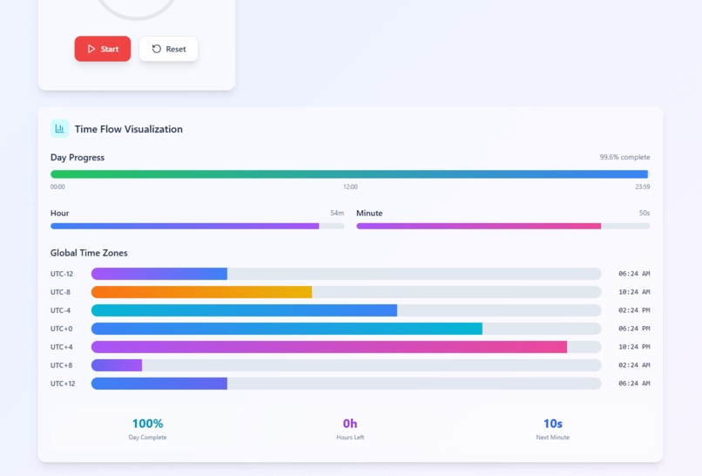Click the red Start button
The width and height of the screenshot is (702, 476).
coord(103,49)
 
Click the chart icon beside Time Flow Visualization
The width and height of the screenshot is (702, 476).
coord(59,129)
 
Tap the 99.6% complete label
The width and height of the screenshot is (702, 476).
coord(624,158)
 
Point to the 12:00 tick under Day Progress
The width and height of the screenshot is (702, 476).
coord(350,187)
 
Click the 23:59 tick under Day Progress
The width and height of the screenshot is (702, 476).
coord(642,187)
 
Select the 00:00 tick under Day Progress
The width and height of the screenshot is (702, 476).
coord(57,187)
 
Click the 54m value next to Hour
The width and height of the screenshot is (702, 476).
coord(336,214)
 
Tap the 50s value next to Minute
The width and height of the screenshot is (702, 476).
coord(644,214)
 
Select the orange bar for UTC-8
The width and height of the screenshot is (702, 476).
coord(201,292)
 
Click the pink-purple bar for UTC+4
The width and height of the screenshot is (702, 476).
coord(329,347)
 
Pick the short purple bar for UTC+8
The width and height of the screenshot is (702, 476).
coord(117,365)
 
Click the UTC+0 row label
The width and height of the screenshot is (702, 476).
coord(62,329)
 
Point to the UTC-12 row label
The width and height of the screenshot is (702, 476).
coord(62,274)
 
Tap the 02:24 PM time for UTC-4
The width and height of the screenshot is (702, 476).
coord(634,310)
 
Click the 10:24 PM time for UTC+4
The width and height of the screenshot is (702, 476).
coord(634,347)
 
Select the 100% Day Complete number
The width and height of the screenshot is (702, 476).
coord(147,424)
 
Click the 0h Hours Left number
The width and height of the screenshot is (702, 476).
coord(350,424)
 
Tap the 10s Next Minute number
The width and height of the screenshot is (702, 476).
coord(552,424)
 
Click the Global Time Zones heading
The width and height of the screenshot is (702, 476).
coord(89,253)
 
